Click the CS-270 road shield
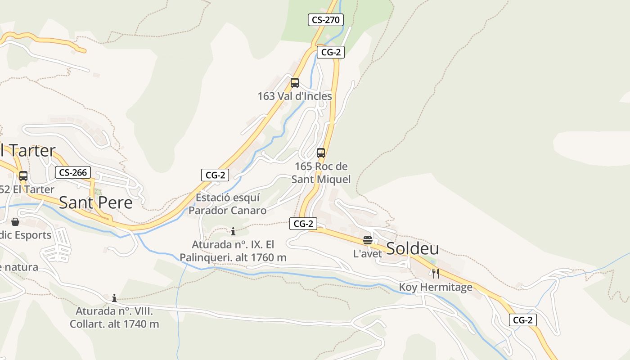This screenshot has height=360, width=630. (326, 20)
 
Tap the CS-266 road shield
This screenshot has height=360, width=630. (73, 172)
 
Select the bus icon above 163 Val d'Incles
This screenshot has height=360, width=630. (295, 83)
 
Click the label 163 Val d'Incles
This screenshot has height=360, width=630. (295, 96)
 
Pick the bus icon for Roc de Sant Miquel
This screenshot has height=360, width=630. (321, 153)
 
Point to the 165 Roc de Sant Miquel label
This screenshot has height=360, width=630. (321, 173)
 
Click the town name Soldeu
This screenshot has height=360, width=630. (413, 248)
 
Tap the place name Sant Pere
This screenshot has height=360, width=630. (96, 202)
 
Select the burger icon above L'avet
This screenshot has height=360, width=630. (368, 240)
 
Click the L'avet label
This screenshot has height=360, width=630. (368, 254)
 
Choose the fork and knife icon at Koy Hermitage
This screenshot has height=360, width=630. (436, 273)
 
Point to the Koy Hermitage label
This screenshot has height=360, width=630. (436, 287)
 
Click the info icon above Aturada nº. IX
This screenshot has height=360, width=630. (233, 232)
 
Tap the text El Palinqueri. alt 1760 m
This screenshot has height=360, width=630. (233, 257)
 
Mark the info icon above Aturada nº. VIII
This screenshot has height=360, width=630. (114, 298)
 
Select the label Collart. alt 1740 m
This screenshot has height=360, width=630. (114, 324)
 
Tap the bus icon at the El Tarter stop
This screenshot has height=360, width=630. (23, 176)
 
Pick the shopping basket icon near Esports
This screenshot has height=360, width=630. (15, 221)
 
